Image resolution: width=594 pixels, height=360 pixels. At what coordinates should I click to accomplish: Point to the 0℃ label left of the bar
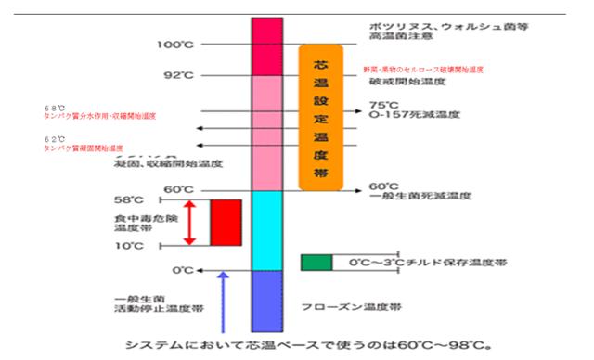click(181, 270)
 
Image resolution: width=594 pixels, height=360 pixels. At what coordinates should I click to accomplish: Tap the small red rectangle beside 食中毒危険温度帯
click(226, 222)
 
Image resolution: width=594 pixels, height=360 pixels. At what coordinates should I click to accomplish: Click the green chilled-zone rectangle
click(316, 262)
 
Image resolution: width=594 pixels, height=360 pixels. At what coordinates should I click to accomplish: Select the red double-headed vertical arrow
click(189, 222)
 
